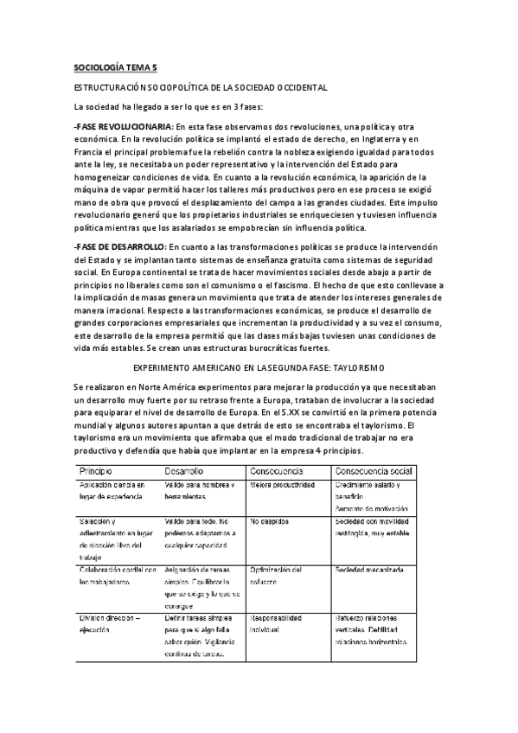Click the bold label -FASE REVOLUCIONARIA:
pos(123,126)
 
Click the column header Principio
pos(99,471)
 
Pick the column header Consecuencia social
pos(373,471)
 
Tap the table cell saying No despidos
pos(271,523)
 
